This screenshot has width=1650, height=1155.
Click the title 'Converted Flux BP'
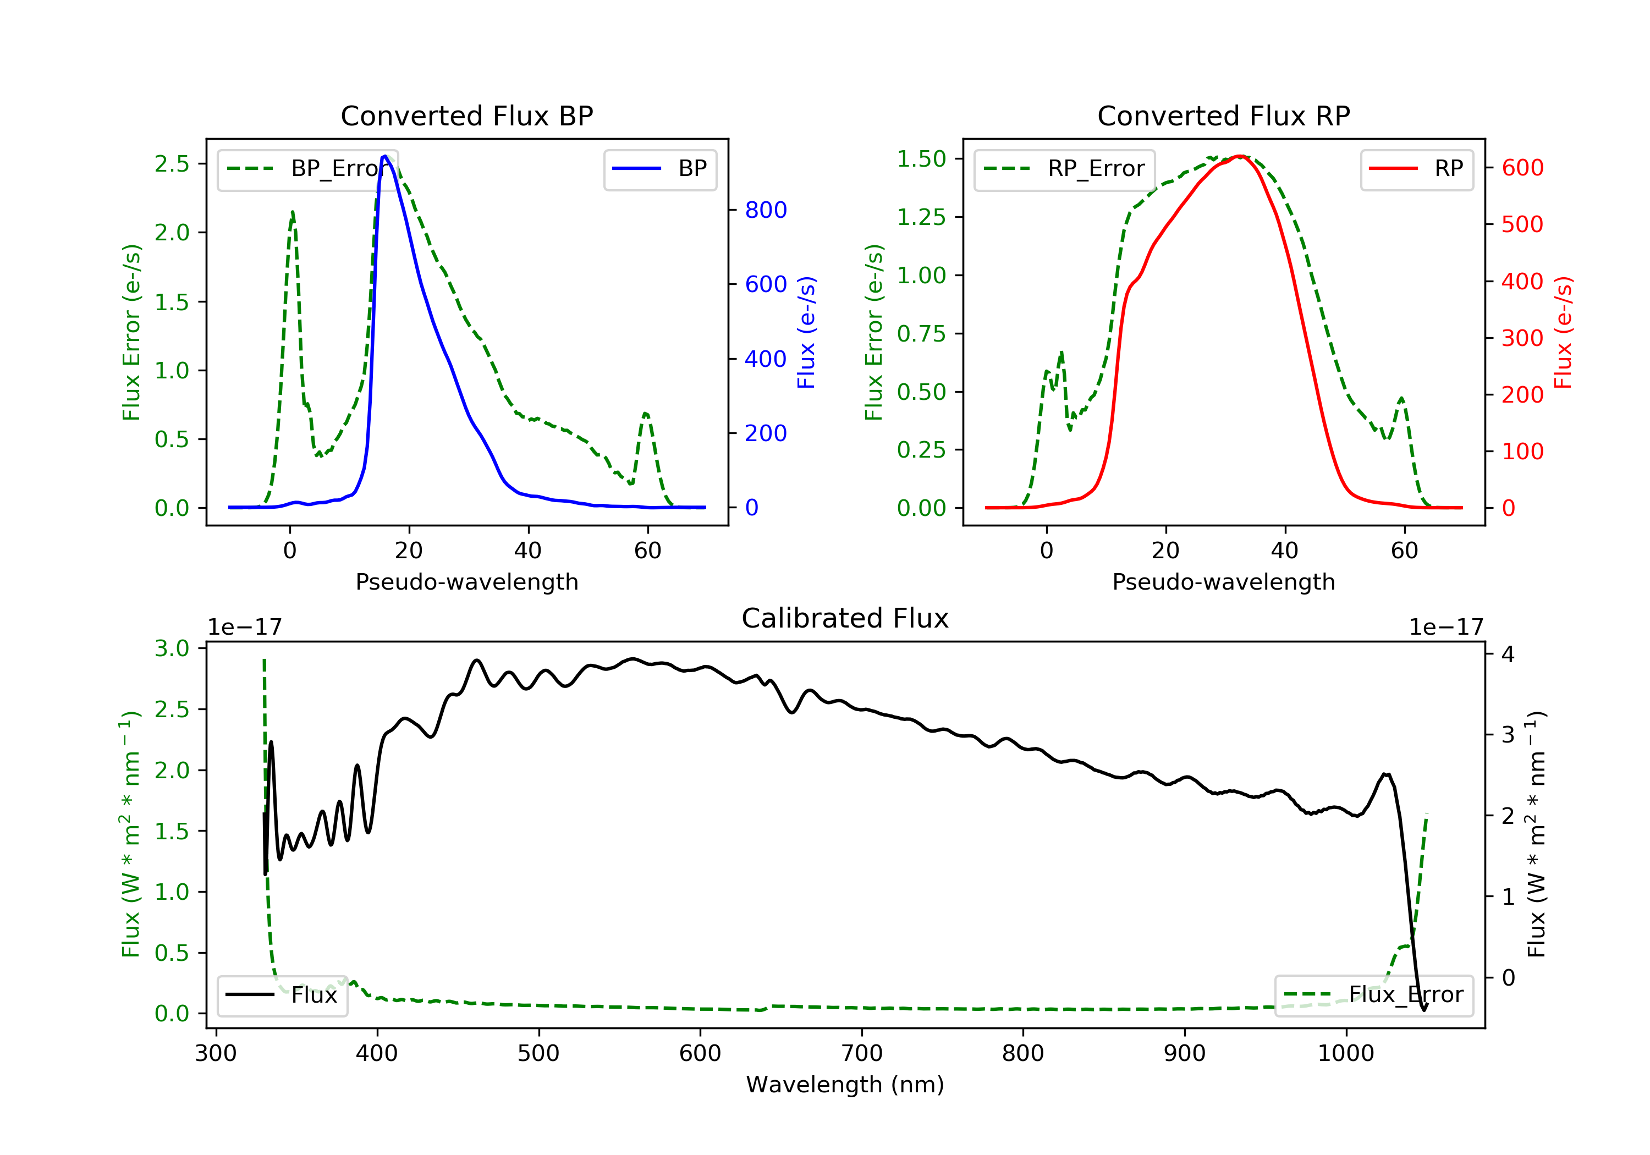(466, 116)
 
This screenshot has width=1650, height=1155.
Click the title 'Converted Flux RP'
(1223, 116)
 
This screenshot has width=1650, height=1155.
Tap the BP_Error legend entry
(307, 169)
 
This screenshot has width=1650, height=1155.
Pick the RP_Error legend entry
(1064, 169)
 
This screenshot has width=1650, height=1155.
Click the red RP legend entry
(1416, 169)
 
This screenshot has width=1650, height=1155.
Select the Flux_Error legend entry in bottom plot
(1373, 995)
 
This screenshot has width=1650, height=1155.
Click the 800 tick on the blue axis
(766, 210)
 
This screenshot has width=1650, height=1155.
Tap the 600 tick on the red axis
(1522, 167)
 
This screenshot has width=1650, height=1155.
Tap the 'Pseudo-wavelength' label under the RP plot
(1223, 581)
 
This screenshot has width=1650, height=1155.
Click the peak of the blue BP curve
(385, 156)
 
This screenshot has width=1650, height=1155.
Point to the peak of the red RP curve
(1240, 156)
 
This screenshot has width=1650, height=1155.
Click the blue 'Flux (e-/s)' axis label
(806, 332)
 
